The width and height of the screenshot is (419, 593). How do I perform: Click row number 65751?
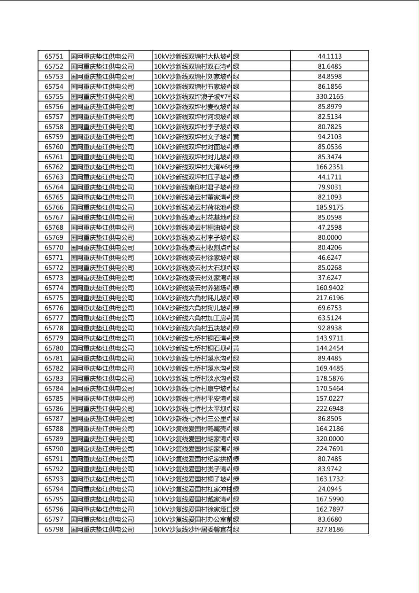pyautogui.click(x=54, y=56)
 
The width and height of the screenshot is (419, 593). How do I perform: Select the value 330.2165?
pyautogui.click(x=330, y=97)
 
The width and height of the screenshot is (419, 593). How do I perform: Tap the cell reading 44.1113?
pyautogui.click(x=330, y=56)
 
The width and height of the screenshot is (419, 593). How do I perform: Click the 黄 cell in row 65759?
pyautogui.click(x=236, y=137)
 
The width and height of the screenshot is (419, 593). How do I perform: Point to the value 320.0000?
pyautogui.click(x=330, y=439)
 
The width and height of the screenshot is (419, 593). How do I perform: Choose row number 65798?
pyautogui.click(x=54, y=530)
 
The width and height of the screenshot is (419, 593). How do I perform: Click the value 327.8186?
pyautogui.click(x=330, y=530)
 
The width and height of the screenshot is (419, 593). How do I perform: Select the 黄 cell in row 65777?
pyautogui.click(x=236, y=318)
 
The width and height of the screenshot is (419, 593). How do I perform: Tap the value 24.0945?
pyautogui.click(x=330, y=489)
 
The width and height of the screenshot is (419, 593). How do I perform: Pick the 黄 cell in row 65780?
pyautogui.click(x=236, y=348)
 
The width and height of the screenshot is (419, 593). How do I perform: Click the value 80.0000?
pyautogui.click(x=330, y=238)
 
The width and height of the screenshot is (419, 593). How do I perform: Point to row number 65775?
pyautogui.click(x=54, y=298)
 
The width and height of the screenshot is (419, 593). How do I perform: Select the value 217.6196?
pyautogui.click(x=330, y=298)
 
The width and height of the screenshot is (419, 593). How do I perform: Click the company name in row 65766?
pyautogui.click(x=102, y=207)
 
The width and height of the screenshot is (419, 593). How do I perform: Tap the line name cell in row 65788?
pyautogui.click(x=192, y=429)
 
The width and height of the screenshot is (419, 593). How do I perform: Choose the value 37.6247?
pyautogui.click(x=330, y=278)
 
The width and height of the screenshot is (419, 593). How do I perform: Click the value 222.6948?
pyautogui.click(x=330, y=409)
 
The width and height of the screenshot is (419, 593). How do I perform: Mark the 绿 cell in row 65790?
pyautogui.click(x=236, y=449)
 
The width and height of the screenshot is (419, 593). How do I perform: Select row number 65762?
pyautogui.click(x=54, y=167)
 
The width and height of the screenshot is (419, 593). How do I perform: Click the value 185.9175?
pyautogui.click(x=330, y=207)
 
